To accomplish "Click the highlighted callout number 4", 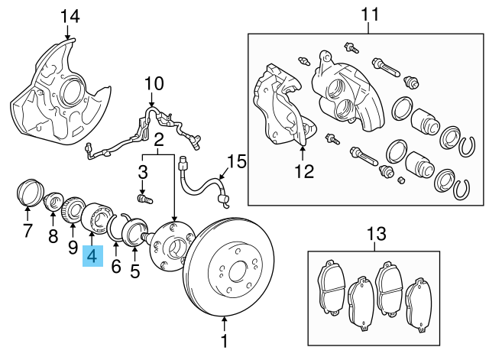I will pos(92,258).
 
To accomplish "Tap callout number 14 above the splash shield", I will pos(69,15).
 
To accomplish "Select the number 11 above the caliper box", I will pos(370,15).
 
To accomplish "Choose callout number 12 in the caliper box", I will pos(304,171).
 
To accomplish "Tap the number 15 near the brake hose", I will pos(238,161).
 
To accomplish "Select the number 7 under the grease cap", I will pos(28,230).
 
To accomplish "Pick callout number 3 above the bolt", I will pos(142,170).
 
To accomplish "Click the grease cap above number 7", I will pos(30,190).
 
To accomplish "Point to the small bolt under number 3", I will pos(143,199).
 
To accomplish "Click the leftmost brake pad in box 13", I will pos(329,288).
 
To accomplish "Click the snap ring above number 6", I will pos(116,229).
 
